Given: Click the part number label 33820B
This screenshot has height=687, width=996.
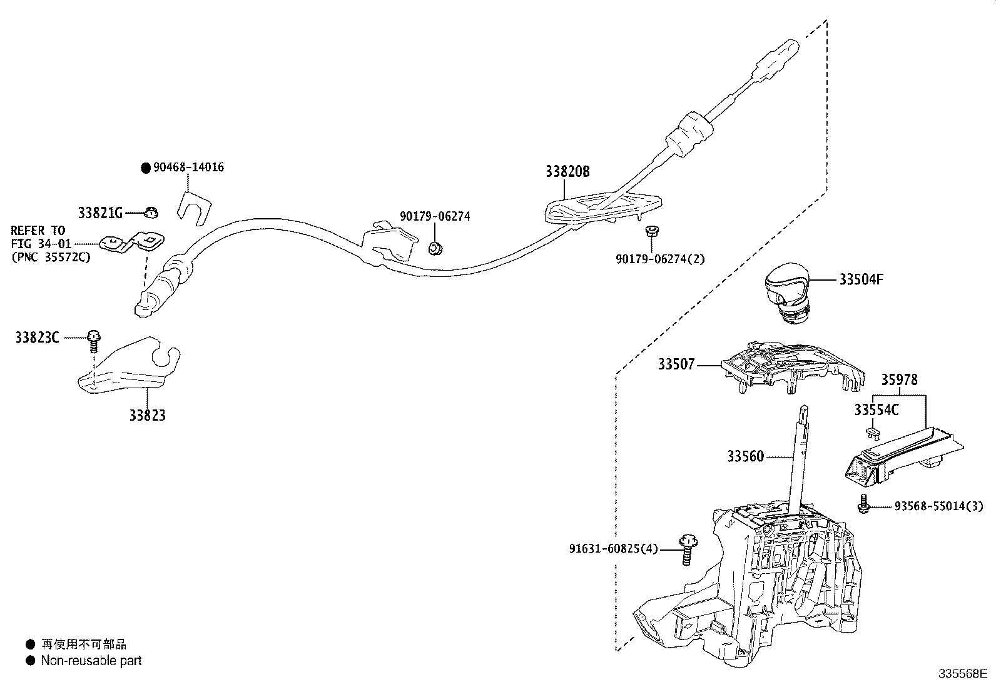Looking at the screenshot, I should (567, 171).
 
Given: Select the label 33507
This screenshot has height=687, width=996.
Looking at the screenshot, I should (676, 364).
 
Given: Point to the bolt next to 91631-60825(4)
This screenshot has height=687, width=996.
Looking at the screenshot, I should (688, 549).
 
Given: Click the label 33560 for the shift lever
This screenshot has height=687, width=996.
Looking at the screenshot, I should (745, 456).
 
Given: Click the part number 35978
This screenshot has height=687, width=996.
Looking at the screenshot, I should (900, 379).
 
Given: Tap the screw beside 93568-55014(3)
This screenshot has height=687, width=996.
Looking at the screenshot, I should (864, 503).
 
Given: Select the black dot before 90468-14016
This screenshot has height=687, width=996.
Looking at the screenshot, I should (146, 168).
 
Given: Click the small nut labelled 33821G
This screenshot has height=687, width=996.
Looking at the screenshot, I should (150, 213).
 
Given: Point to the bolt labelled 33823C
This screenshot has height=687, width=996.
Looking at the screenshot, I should (93, 339).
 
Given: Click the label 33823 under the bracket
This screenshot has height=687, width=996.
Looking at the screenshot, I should (148, 415).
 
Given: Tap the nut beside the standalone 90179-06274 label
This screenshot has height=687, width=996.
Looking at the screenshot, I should (434, 248).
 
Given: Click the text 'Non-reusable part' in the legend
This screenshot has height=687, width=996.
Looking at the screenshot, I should (91, 661).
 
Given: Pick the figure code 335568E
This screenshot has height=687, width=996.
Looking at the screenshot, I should (962, 674).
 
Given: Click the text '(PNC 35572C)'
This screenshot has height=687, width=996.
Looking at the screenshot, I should (50, 257).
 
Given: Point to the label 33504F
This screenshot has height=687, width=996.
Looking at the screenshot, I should (861, 279).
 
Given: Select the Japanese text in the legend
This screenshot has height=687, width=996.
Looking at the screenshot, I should (83, 644).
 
